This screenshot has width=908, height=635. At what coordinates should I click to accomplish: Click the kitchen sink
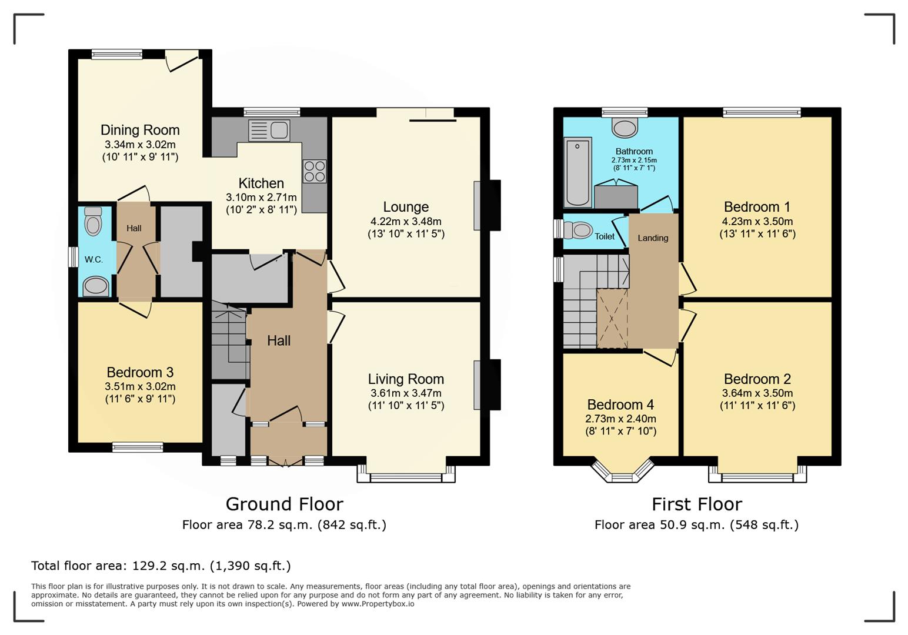[269, 131]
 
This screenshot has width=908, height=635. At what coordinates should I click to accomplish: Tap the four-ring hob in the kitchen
[314, 171]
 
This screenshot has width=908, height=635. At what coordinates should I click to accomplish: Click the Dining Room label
[140, 130]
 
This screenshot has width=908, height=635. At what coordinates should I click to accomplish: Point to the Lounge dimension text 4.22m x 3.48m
[406, 222]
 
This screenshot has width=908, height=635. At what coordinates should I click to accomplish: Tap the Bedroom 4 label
[620, 405]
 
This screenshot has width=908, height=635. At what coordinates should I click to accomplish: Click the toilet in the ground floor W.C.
[93, 222]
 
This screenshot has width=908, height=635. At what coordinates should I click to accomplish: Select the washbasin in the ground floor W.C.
[96, 287]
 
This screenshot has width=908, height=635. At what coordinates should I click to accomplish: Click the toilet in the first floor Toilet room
[580, 229]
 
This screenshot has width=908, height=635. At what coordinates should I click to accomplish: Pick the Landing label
[653, 238]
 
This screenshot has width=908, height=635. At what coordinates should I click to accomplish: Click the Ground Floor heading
[284, 504]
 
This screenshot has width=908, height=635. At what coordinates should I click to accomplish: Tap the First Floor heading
[697, 504]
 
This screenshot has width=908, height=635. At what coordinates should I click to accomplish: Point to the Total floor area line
[161, 566]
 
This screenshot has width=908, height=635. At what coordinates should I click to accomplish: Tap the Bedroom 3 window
[138, 447]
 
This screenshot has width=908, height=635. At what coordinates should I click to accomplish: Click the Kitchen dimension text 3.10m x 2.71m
[261, 198]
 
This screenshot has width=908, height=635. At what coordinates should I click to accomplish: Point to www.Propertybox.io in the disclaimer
[378, 604]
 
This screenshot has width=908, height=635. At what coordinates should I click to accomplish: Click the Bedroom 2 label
[757, 379]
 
